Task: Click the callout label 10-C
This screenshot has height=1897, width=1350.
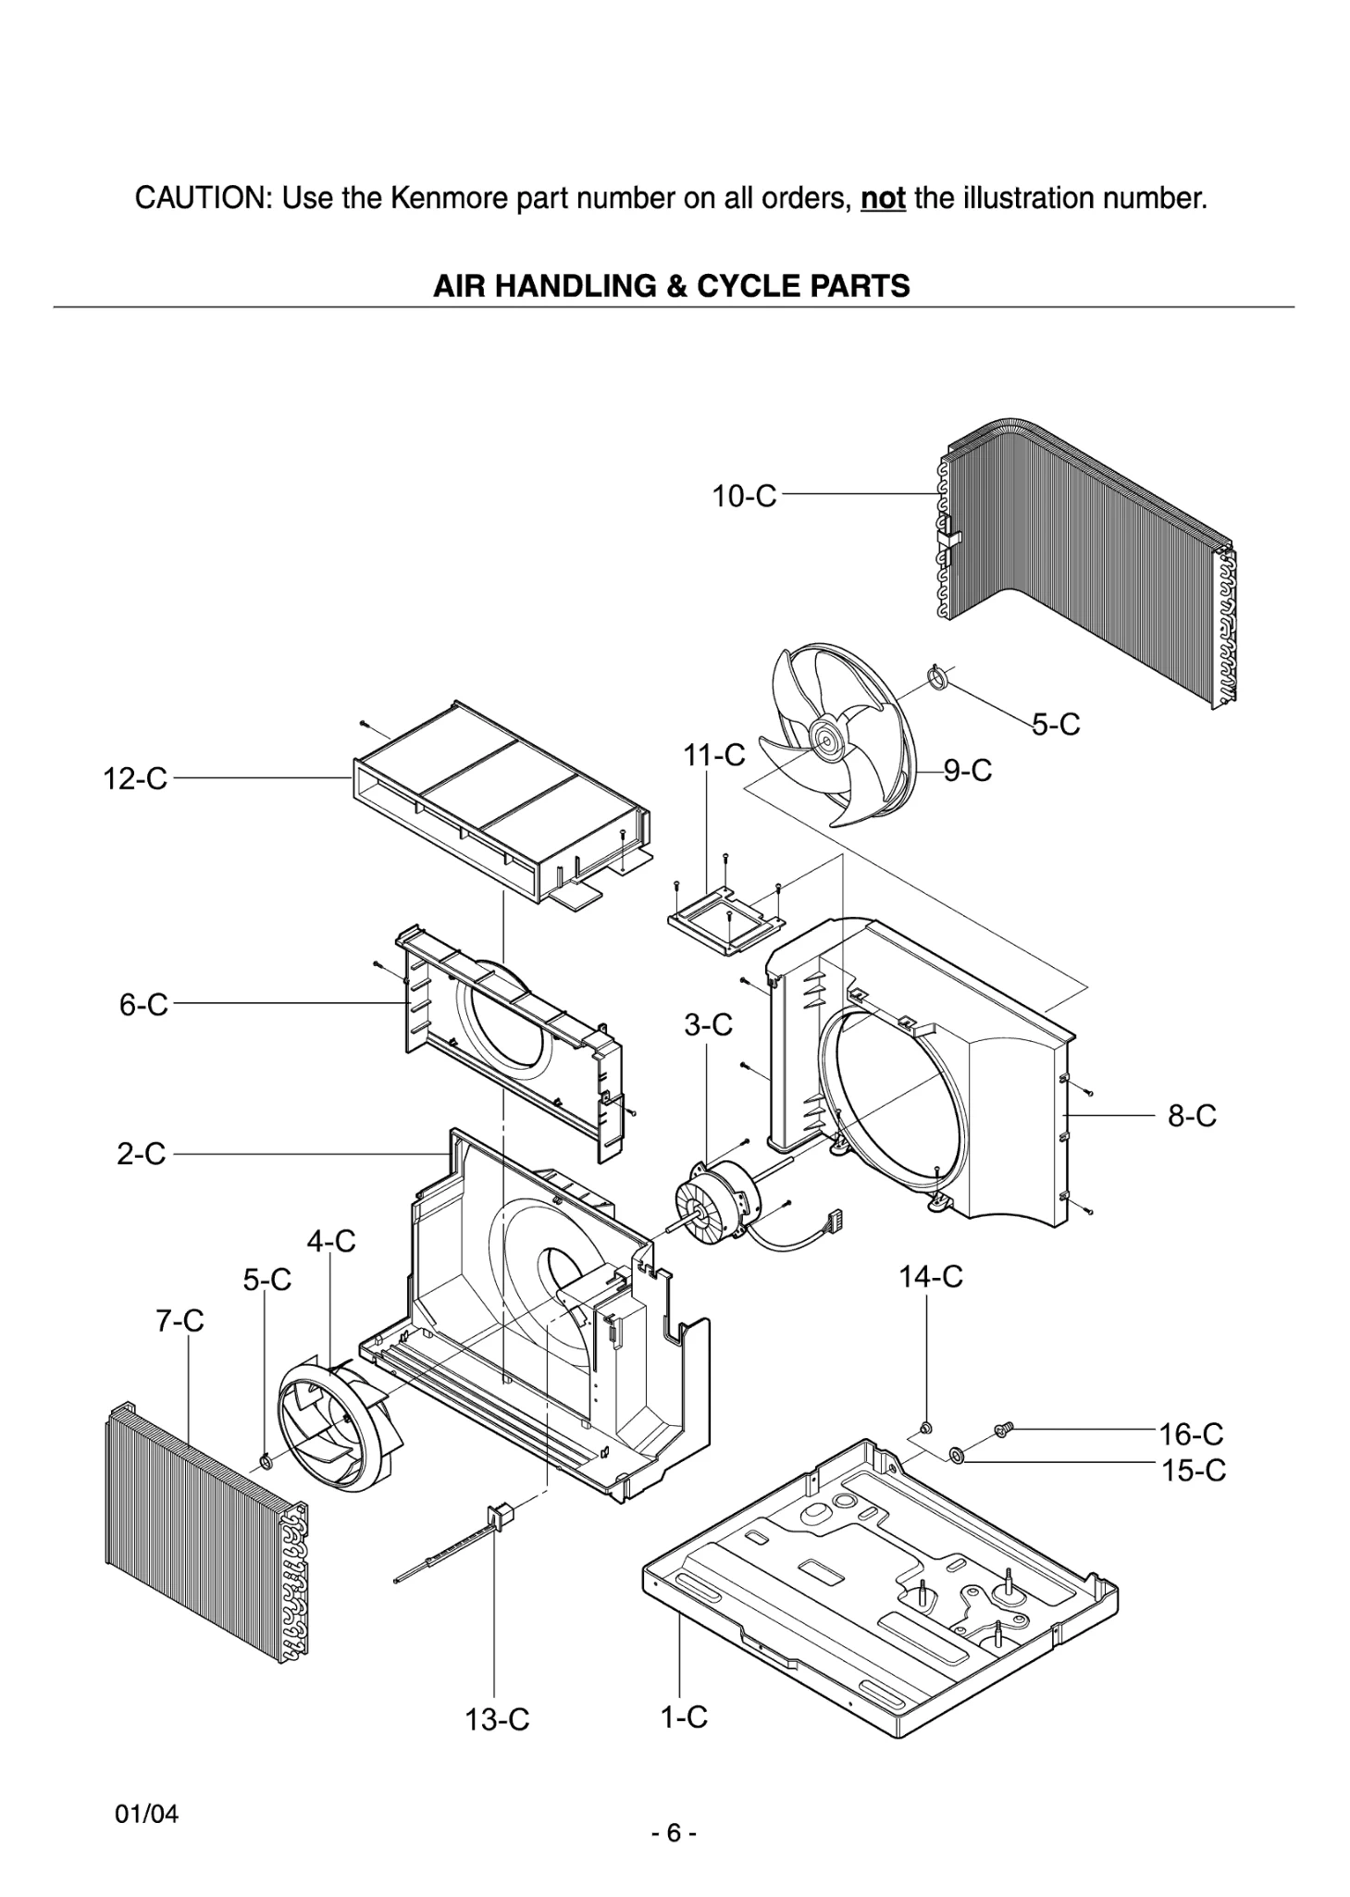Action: point(743,496)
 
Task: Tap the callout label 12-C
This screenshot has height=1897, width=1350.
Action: point(135,778)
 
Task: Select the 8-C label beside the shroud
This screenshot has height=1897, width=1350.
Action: point(1191,1116)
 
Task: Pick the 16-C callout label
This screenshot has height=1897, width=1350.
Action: point(1191,1434)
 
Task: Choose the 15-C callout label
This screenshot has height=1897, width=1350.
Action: point(1193,1470)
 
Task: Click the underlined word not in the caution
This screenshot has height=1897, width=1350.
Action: point(882,198)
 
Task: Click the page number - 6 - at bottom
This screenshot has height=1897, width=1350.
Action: point(674,1832)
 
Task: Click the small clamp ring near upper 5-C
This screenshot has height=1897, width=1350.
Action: point(938,679)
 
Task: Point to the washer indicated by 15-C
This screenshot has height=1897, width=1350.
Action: point(957,1457)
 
